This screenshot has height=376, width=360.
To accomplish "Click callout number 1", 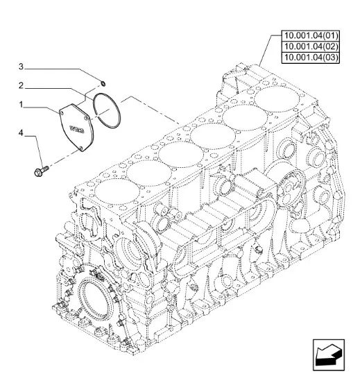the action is [21, 105].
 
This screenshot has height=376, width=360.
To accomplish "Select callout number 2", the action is [22, 85].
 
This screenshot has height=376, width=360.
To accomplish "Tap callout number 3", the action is [22, 67].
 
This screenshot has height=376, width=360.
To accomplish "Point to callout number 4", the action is [22, 133].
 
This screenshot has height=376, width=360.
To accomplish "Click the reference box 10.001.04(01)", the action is [311, 36].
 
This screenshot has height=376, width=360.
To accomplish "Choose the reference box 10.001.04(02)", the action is [311, 46].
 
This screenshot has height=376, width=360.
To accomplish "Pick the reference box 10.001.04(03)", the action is [311, 58].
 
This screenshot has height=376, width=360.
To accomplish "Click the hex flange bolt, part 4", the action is [41, 171].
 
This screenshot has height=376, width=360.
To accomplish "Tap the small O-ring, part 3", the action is [103, 83].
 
